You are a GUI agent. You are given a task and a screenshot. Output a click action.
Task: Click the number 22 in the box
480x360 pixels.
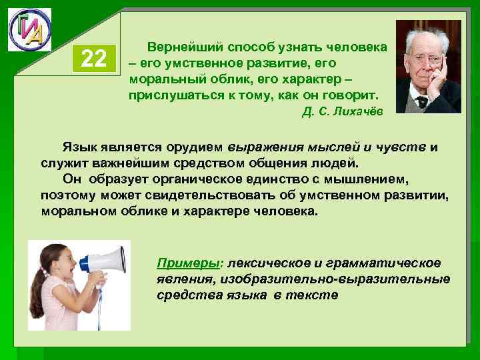pyautogui.click(x=93, y=59)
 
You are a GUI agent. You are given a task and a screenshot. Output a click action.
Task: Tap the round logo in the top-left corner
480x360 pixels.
pyautogui.click(x=29, y=29)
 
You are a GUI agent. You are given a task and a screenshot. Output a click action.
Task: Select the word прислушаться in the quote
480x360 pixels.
pyautogui.click(x=171, y=95)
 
